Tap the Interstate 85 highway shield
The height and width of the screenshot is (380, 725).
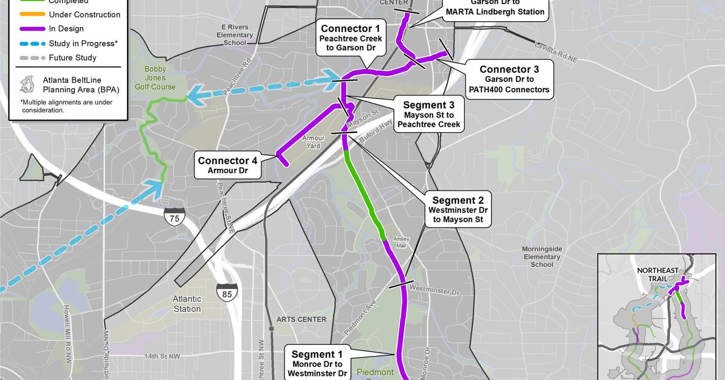(x=227, y=292)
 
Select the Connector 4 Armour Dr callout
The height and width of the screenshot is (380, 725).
(x=228, y=166)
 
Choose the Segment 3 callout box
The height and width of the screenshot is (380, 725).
(x=428, y=114)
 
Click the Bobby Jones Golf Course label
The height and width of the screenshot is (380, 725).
(x=159, y=78)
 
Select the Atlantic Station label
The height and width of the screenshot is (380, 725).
(x=187, y=304)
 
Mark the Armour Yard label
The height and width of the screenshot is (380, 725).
(x=314, y=141)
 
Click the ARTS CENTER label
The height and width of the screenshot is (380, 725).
(x=301, y=319)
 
